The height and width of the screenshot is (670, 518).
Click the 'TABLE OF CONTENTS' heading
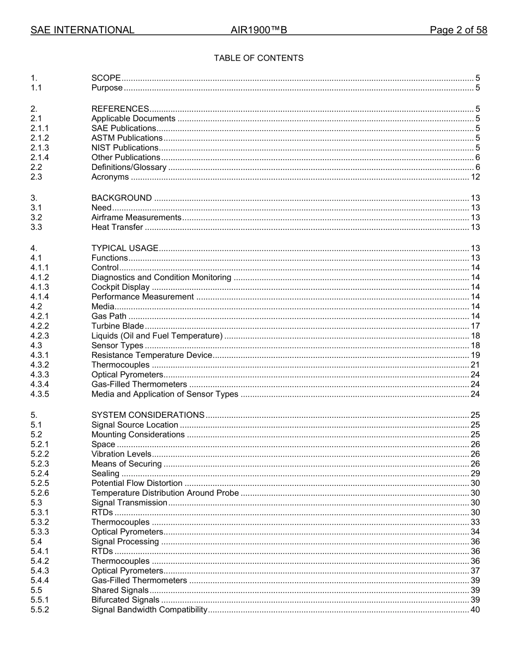point(258,58)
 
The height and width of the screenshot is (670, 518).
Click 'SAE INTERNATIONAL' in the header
point(82,30)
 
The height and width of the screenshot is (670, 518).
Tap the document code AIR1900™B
point(258,30)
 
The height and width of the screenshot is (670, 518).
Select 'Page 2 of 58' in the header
point(458,30)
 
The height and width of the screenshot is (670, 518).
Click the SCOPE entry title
point(106,78)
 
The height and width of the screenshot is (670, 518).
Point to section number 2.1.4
point(40,157)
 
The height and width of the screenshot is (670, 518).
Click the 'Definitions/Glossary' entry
point(129,167)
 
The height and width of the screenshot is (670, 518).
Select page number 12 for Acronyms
point(475,177)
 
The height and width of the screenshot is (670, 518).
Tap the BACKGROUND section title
point(122,198)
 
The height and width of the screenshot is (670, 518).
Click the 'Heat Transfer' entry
point(117,227)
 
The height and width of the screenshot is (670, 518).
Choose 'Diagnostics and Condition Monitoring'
point(161,277)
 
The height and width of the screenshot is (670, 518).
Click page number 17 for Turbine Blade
point(475,326)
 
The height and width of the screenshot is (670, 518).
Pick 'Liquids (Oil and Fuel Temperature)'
point(157,336)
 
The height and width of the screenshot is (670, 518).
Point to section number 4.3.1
point(40,356)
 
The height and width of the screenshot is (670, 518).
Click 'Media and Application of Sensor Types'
point(165,394)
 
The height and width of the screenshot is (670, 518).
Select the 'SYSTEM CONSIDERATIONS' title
point(148,415)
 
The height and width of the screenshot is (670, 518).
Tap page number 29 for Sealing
point(475,474)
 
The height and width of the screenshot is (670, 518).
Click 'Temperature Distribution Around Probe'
point(165,493)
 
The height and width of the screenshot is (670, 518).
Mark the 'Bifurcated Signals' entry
point(125,600)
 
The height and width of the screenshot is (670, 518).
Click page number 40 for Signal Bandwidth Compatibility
point(475,610)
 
